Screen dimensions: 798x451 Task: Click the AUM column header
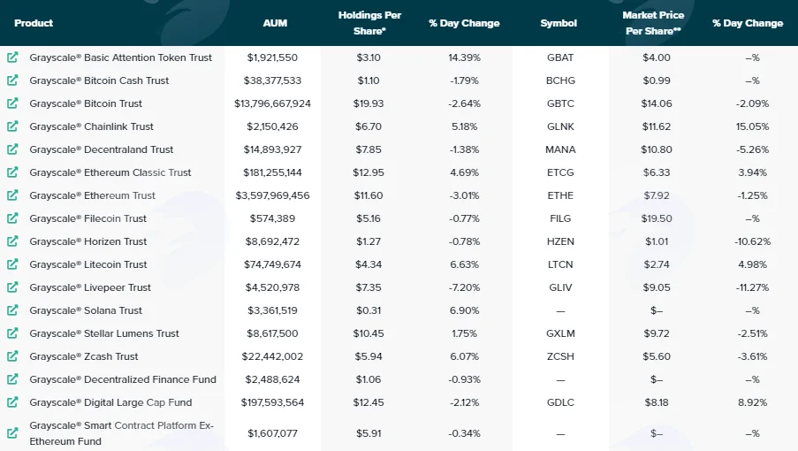pos(275,23)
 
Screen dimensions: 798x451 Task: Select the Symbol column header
pos(559,23)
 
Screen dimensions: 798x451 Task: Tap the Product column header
pos(34,23)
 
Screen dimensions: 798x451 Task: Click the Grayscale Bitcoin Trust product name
pos(86,103)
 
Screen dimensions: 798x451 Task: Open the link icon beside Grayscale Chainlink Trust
pos(12,126)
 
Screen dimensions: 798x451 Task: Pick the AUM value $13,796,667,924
pos(272,103)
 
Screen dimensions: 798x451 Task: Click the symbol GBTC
pos(560,103)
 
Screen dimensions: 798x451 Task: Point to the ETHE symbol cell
pos(560,195)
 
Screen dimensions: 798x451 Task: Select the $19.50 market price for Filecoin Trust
pos(657,218)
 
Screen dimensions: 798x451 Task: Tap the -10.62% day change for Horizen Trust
pos(752,241)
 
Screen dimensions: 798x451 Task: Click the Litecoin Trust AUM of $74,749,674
pos(272,264)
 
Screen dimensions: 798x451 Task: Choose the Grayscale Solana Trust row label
pos(86,310)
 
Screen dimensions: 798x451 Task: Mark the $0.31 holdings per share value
pos(369,310)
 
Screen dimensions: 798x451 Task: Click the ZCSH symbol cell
pos(560,356)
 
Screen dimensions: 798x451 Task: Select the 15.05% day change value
pos(752,126)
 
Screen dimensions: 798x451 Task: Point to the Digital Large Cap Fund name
pos(110,402)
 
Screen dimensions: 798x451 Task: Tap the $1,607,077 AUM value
pos(272,433)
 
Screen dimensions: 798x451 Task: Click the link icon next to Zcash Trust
pos(12,355)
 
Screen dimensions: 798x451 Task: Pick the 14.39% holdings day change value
pos(464,57)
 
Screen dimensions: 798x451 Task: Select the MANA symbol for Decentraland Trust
pos(560,149)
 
